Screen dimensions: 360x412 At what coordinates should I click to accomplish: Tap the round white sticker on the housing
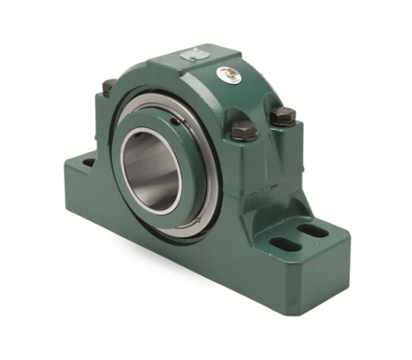229,74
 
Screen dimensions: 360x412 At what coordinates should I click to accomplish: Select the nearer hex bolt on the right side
243,131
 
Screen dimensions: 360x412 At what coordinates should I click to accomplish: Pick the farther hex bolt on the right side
282,115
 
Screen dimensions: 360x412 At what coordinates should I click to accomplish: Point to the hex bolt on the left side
109,87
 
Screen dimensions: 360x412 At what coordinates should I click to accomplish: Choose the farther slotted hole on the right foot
313,231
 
